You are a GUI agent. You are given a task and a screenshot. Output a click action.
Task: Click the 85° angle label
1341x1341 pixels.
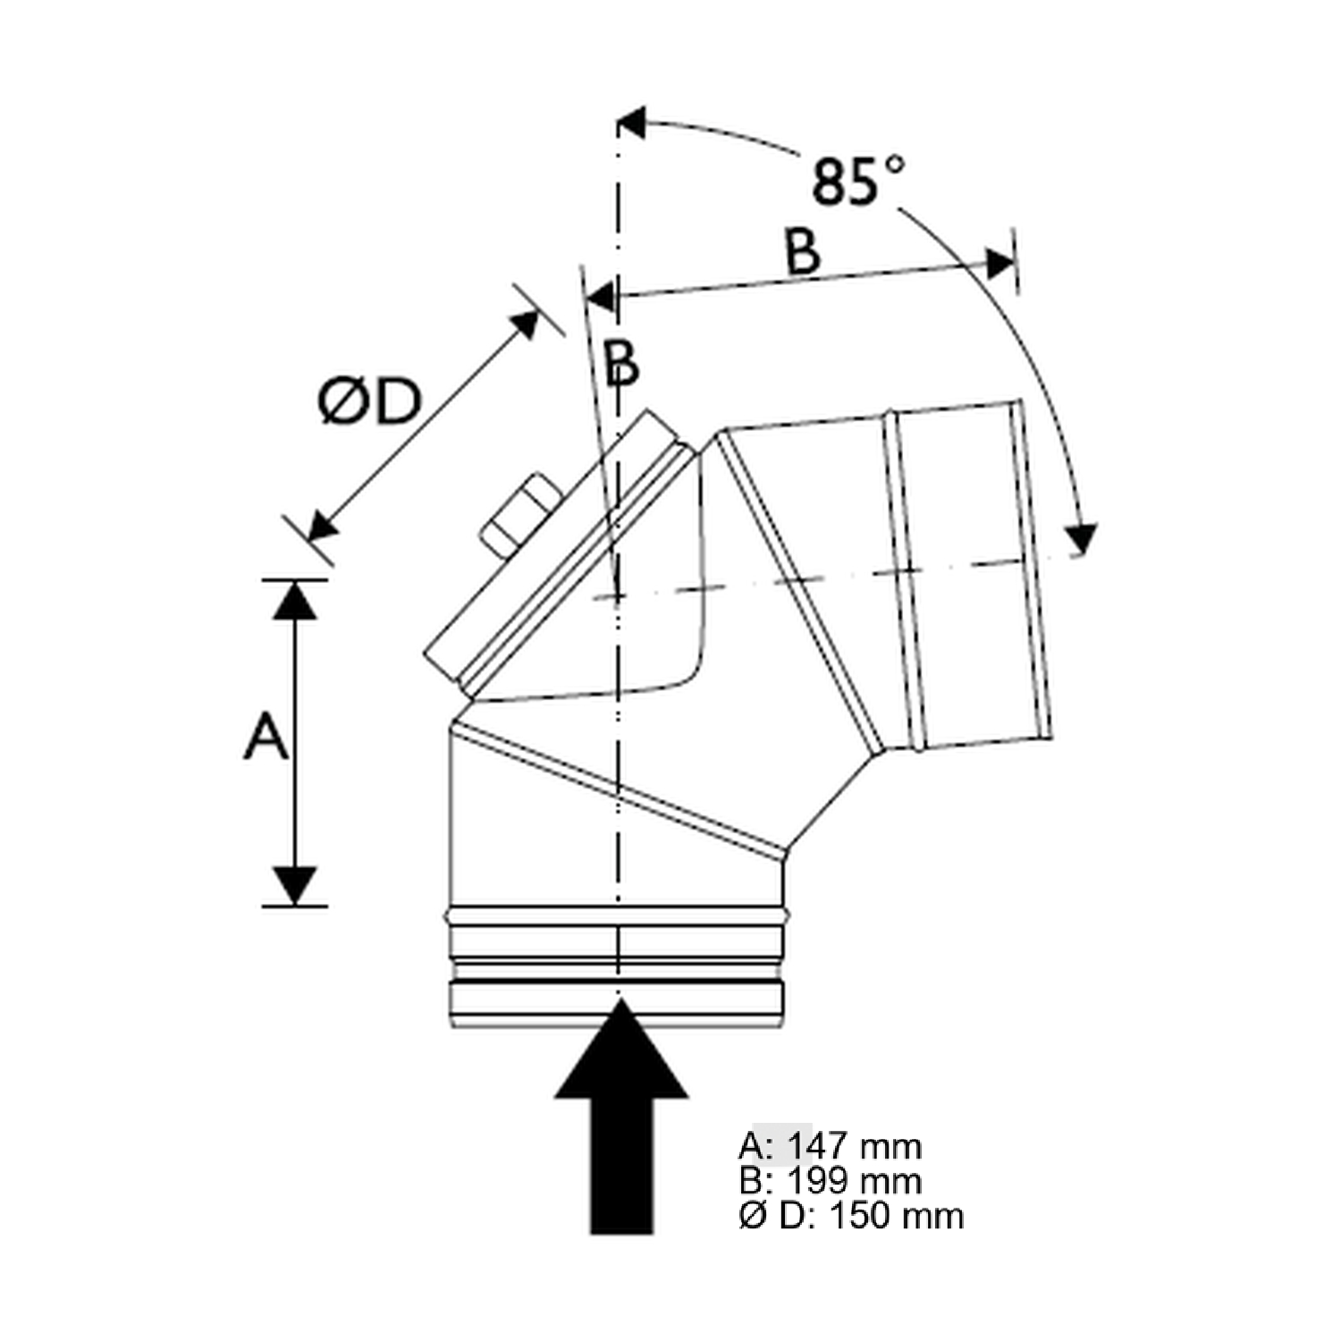856,181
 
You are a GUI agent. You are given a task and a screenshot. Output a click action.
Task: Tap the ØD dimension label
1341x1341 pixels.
369,402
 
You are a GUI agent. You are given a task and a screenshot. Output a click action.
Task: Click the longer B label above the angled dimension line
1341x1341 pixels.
803,251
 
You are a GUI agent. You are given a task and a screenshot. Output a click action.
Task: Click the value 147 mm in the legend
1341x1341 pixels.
854,1146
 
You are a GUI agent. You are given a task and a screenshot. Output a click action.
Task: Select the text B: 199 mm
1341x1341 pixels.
831,1181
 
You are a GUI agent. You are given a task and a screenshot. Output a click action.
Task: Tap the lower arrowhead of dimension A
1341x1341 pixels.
295,885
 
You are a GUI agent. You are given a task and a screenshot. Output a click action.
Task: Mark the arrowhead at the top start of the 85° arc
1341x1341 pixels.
631,122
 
